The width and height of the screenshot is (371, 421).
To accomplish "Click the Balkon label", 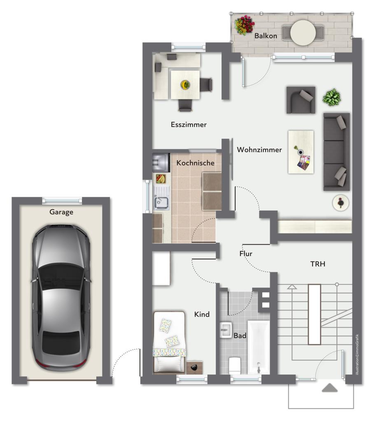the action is (x=266, y=36).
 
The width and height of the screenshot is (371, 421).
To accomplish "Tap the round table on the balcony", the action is (x=303, y=33).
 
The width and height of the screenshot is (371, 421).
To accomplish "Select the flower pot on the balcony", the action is (x=244, y=25).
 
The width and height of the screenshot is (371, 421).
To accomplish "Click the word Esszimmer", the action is (x=189, y=125).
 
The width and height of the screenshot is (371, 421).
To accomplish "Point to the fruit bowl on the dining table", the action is (x=185, y=85).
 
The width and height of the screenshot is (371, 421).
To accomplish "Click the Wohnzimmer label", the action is (x=259, y=150).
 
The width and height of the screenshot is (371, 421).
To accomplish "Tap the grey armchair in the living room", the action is (x=301, y=100).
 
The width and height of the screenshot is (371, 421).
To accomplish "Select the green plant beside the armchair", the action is (x=332, y=97).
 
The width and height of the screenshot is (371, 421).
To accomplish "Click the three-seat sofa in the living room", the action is (x=336, y=152).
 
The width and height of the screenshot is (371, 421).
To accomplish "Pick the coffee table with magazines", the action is (x=301, y=152).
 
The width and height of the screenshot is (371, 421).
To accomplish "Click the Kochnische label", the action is (x=196, y=163).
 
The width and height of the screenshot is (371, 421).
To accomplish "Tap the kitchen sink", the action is (x=161, y=203).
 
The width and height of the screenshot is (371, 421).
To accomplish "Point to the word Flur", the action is (x=246, y=254).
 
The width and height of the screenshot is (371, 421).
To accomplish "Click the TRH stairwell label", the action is (x=318, y=264).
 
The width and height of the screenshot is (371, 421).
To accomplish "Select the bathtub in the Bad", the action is (x=258, y=347).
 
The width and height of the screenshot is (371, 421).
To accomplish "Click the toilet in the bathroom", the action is (x=234, y=365).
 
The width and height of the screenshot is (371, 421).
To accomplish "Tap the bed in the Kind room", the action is (x=169, y=342).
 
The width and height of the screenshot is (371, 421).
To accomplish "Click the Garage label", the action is (x=61, y=212).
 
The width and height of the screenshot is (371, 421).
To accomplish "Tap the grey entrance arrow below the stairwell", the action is (x=329, y=388).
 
